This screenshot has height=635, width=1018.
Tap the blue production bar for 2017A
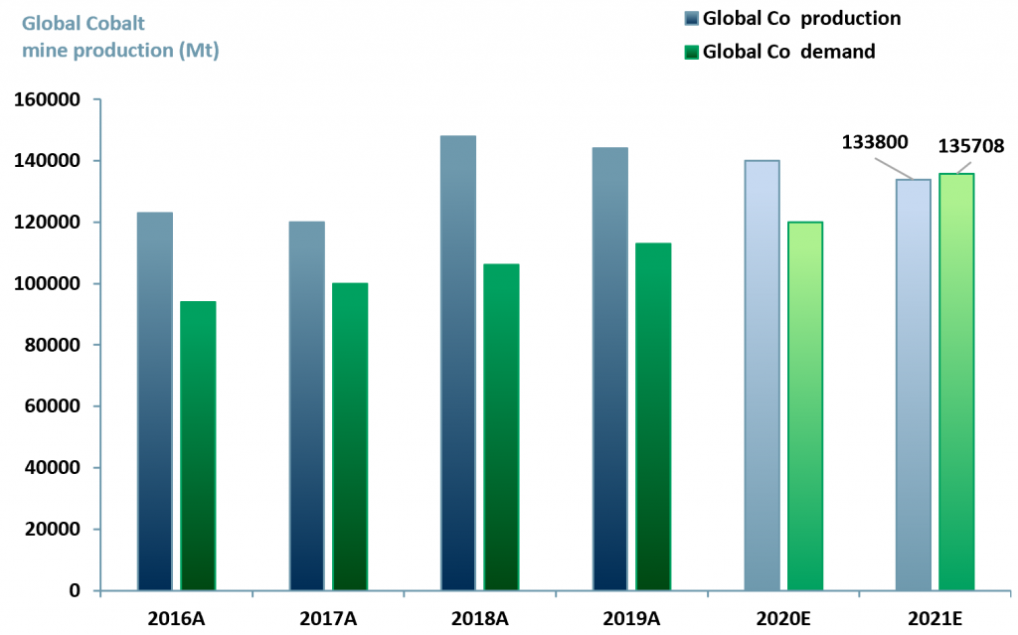(306, 405)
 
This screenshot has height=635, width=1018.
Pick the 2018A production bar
(458, 363)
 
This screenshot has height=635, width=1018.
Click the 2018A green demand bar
(501, 426)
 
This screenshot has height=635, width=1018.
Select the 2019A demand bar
(653, 416)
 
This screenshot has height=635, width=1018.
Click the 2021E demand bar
(957, 382)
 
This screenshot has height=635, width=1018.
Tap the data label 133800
(875, 141)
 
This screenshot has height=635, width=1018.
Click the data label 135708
(971, 146)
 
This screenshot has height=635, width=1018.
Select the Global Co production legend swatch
(692, 19)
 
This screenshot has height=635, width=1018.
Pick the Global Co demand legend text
(788, 52)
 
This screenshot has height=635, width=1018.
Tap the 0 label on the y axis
(74, 590)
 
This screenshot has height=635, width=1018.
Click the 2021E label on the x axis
(935, 617)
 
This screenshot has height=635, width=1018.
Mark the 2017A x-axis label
(327, 617)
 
